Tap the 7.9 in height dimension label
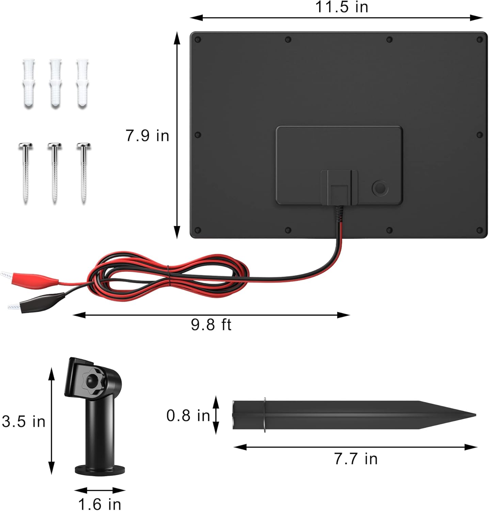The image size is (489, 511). pyautogui.click(x=147, y=136)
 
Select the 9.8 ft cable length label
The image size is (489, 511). pyautogui.click(x=211, y=325)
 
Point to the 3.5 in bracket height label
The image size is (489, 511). pyautogui.click(x=23, y=421)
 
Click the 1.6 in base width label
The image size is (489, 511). pyautogui.click(x=99, y=504)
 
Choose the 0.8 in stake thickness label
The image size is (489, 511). pyautogui.click(x=188, y=416)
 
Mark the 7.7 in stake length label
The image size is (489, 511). pyautogui.click(x=356, y=459)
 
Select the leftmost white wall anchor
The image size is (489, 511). pyautogui.click(x=29, y=82)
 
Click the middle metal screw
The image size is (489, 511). pyautogui.click(x=55, y=172)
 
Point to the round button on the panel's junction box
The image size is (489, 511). pyautogui.click(x=380, y=188)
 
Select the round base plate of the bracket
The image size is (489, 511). pyautogui.click(x=100, y=470)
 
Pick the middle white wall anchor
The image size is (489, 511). pyautogui.click(x=56, y=82)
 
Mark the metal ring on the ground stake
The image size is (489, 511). pyautogui.click(x=265, y=415)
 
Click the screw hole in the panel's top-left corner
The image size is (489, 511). pyautogui.click(x=198, y=40)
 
